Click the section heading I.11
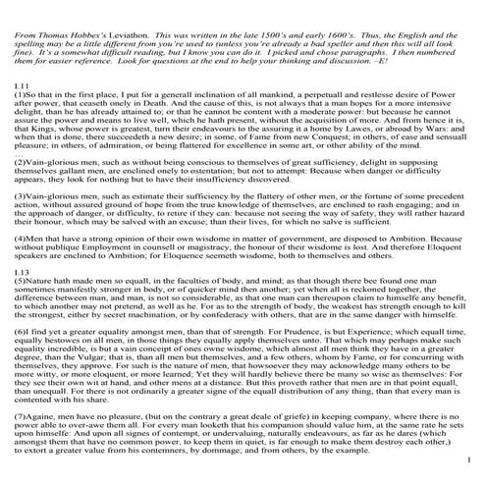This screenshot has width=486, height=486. click(x=21, y=87)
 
